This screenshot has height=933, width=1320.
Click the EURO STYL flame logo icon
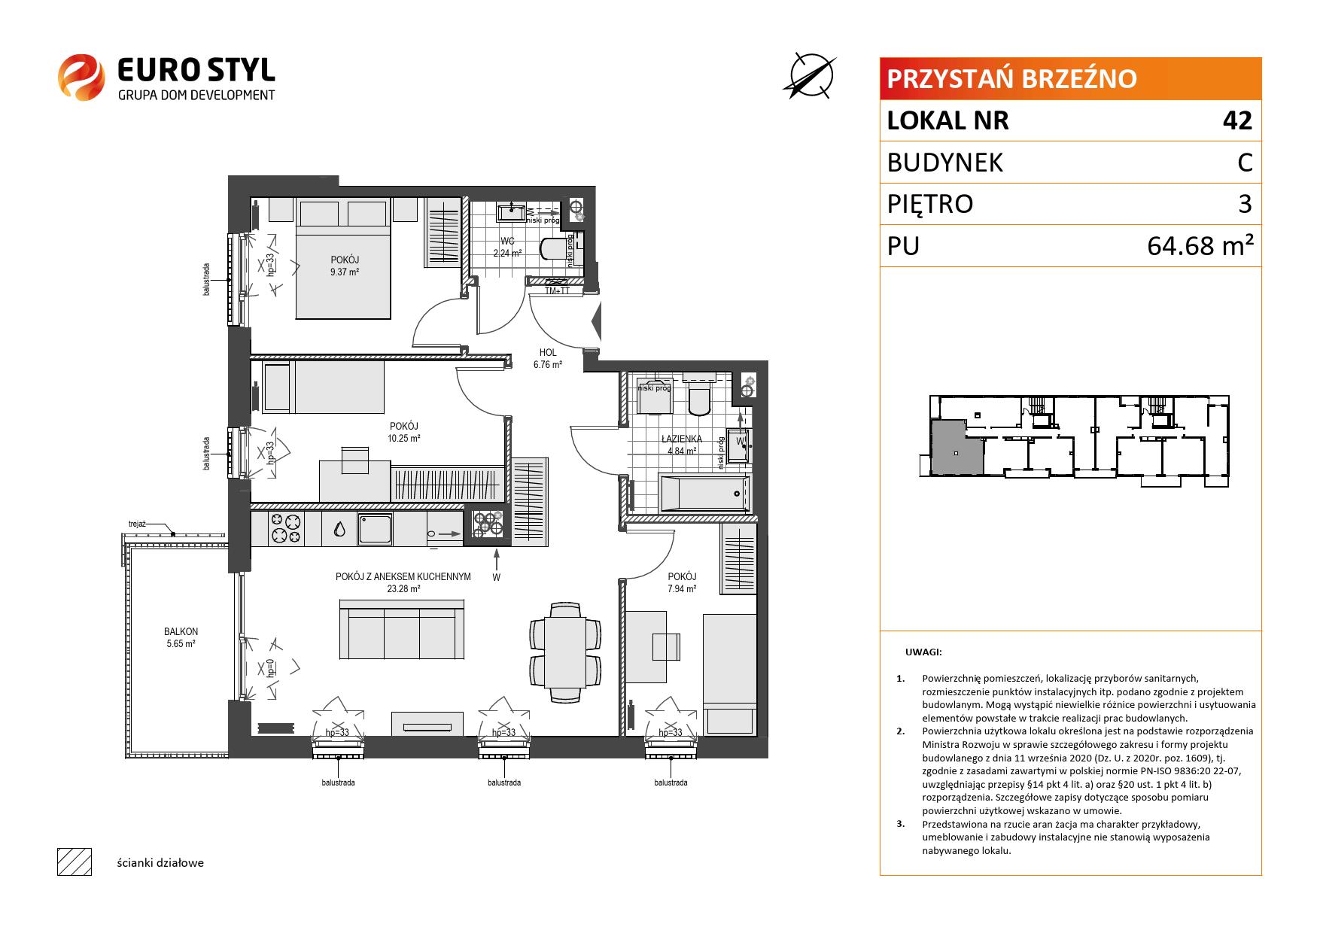tap(81, 77)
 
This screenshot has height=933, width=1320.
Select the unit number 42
tap(1237, 120)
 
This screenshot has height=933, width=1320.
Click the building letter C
tap(1245, 163)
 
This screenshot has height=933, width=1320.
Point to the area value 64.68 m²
tap(1200, 245)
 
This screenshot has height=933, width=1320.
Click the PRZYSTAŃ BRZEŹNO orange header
tap(1070, 78)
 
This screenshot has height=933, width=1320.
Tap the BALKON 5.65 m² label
tap(181, 638)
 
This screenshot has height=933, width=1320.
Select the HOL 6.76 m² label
tap(548, 358)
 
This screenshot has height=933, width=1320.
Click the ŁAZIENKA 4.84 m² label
tap(681, 445)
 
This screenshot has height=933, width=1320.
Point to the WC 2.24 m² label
tap(507, 248)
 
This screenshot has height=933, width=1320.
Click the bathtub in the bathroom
tap(704, 493)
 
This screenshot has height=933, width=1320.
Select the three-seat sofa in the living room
tap(401, 630)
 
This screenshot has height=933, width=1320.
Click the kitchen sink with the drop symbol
tap(340, 529)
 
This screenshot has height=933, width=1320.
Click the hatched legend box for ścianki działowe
tap(75, 862)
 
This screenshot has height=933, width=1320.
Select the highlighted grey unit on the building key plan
tap(957, 448)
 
